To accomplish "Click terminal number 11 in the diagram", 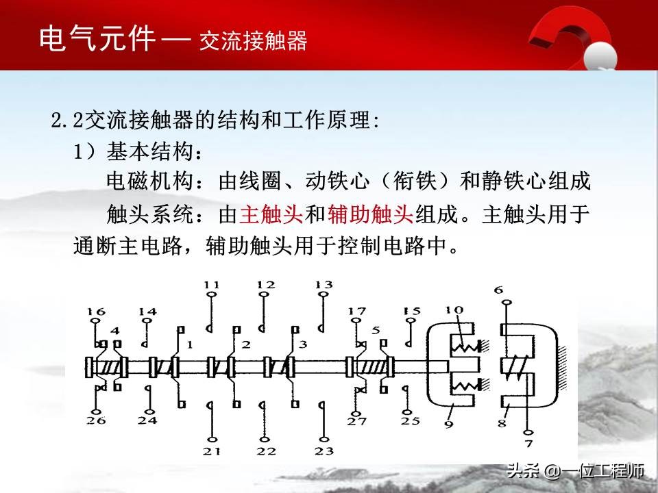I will pyautogui.click(x=212, y=284).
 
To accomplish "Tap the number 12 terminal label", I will pyautogui.click(x=266, y=284).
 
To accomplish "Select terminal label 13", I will pyautogui.click(x=324, y=284).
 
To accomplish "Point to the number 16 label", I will pyautogui.click(x=97, y=312).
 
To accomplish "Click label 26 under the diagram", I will pyautogui.click(x=97, y=420).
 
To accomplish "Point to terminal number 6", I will pyautogui.click(x=498, y=290).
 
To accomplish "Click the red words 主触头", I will pyautogui.click(x=271, y=215).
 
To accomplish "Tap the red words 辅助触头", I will pyautogui.click(x=371, y=215).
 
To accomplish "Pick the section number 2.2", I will pyautogui.click(x=66, y=122).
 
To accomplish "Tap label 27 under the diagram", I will pyautogui.click(x=356, y=420).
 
